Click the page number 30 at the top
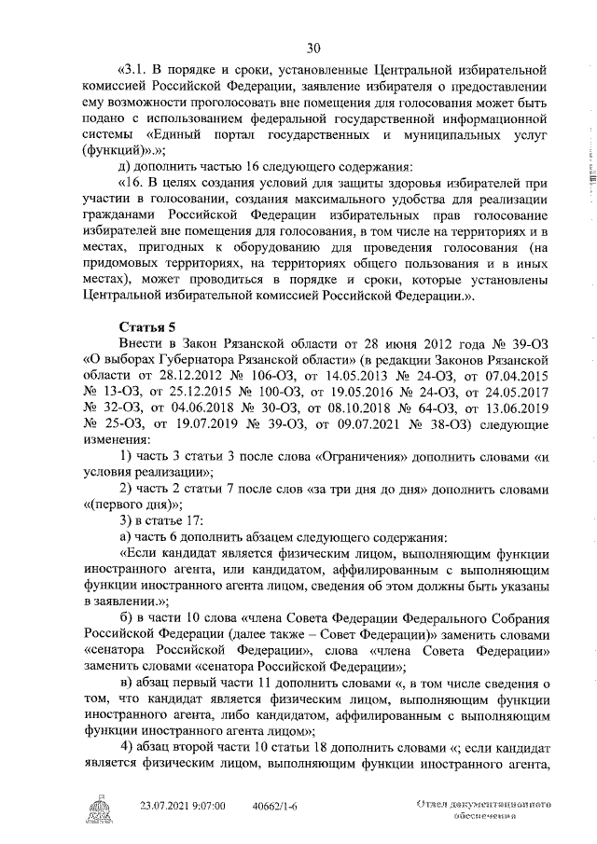tap(312, 49)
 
